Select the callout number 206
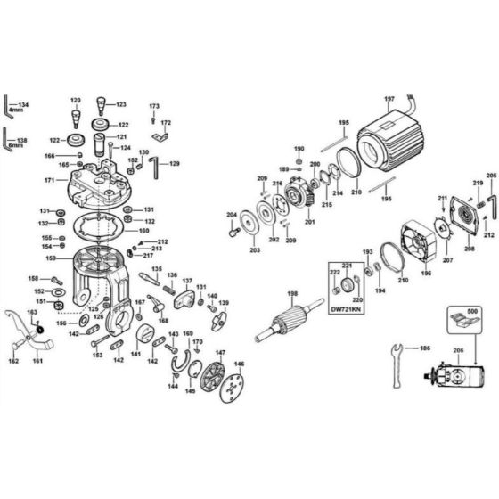459,351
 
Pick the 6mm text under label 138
22,146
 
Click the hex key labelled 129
154,167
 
